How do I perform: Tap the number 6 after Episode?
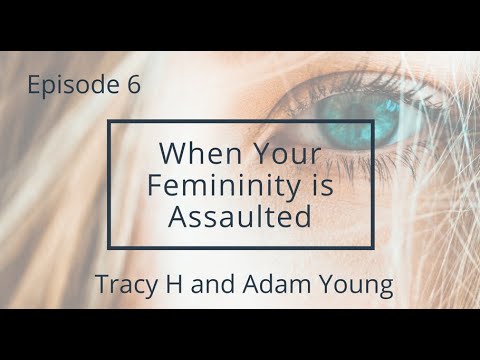134,86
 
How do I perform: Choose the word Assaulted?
240,215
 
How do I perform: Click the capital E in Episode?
35,85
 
